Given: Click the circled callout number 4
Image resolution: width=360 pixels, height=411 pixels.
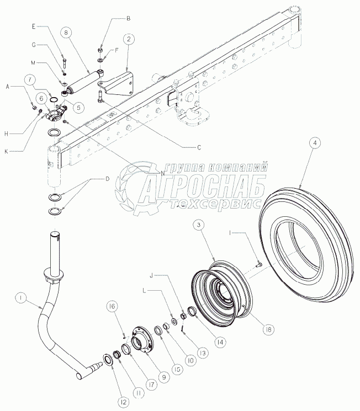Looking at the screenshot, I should pyautogui.click(x=314, y=143).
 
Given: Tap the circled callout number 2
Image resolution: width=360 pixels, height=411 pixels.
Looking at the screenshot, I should pyautogui.click(x=128, y=39).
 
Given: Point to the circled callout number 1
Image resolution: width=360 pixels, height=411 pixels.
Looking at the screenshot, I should pyautogui.click(x=20, y=298).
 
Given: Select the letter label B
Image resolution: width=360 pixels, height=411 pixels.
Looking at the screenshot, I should pyautogui.click(x=128, y=18).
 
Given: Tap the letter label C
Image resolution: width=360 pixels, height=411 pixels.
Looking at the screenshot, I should pyautogui.click(x=198, y=147).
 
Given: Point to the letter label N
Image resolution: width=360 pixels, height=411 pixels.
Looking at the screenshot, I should pyautogui.click(x=162, y=173).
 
